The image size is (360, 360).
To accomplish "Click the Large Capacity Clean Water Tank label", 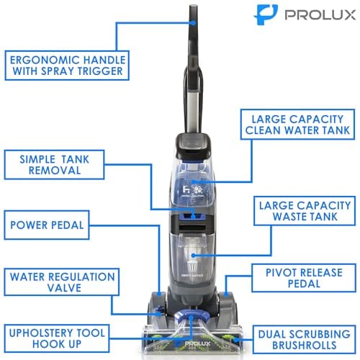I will (297, 123).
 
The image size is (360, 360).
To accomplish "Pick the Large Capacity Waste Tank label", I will (303, 214).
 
